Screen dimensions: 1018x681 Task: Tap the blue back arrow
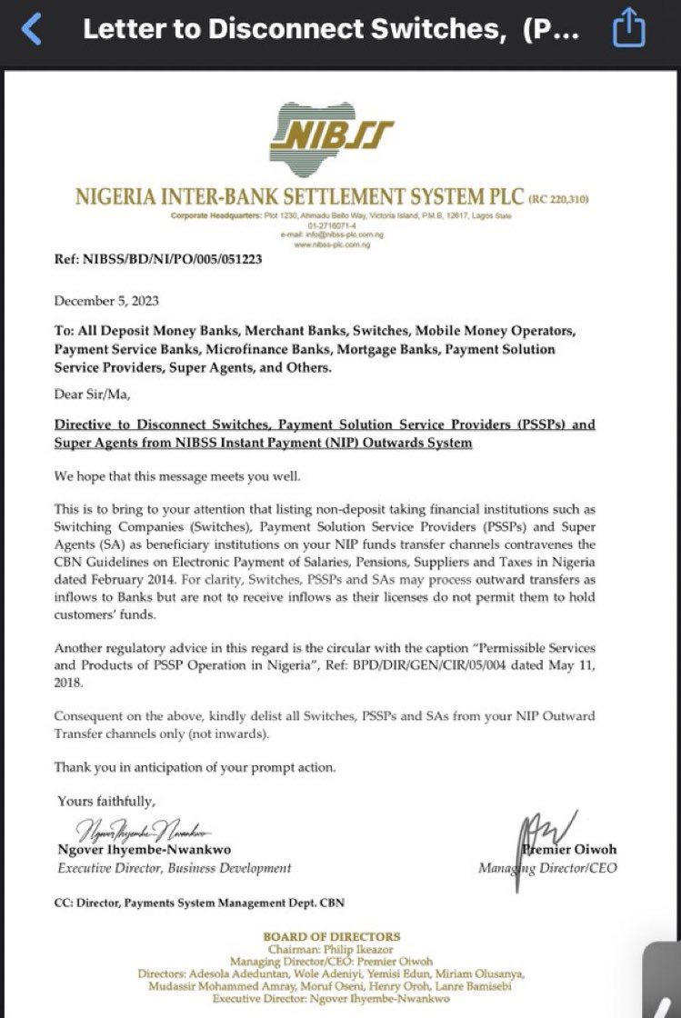coord(32,30)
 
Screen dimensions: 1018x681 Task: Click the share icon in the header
coord(628,29)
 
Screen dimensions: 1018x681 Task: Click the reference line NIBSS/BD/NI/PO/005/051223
coord(158,259)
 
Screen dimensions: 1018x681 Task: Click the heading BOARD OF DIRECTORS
coord(331,936)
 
